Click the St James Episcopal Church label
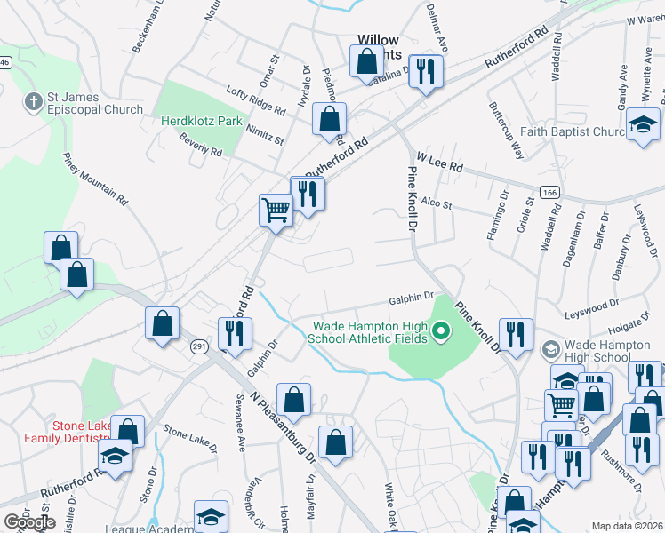tap(96, 103)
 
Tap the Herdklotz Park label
tap(202, 120)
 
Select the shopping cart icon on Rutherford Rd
tap(276, 211)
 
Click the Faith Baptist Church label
tap(574, 131)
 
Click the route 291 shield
tap(197, 348)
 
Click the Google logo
tap(29, 522)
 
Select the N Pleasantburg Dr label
tap(284, 430)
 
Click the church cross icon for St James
tap(35, 99)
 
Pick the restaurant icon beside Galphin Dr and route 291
tap(235, 334)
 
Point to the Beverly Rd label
tap(200, 146)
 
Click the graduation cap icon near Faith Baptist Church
tap(642, 127)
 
